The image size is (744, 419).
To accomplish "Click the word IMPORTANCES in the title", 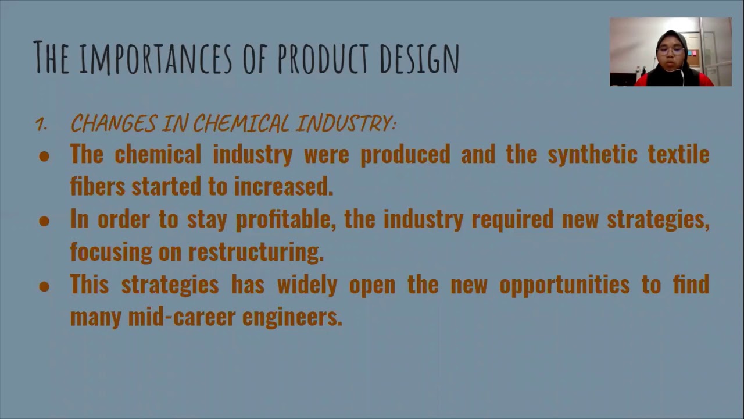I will (155, 58).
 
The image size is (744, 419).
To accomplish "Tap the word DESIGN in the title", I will (420, 58).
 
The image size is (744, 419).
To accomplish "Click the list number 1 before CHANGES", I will (40, 124).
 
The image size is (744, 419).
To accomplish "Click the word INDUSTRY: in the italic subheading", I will (346, 123).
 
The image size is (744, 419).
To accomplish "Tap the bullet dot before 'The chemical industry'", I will (44, 156).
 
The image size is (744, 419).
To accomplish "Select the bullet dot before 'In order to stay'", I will (44, 221).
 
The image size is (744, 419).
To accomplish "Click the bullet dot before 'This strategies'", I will (44, 286).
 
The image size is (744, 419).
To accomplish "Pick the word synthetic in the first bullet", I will (592, 155).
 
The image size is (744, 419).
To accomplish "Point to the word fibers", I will (97, 187).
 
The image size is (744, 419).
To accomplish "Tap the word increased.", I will (284, 187).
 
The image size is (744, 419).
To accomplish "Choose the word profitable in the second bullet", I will (285, 220).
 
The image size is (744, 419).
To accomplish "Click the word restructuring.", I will (256, 253).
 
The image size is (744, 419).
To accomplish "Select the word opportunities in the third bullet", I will (564, 285).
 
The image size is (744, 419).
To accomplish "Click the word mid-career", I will (182, 318).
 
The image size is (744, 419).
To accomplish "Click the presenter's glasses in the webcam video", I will (670, 50).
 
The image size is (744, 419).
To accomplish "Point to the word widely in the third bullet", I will (307, 285).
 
